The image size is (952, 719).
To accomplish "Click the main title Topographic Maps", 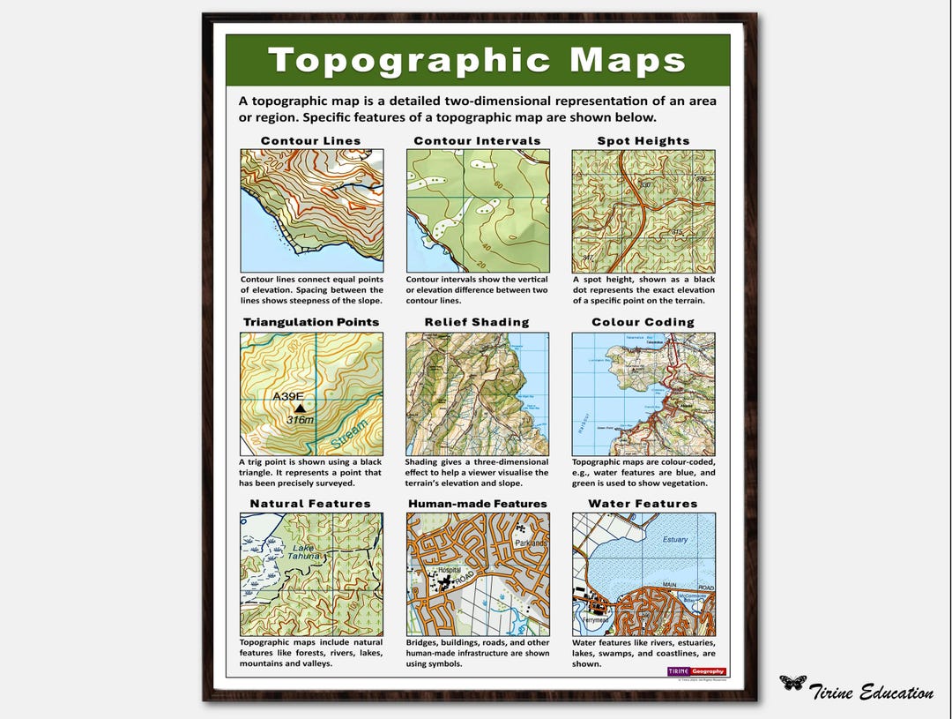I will click(x=477, y=60).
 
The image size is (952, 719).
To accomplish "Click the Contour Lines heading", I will click(x=311, y=141).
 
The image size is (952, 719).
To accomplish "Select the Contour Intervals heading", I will click(x=477, y=141).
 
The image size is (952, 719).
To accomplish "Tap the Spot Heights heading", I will click(x=643, y=141).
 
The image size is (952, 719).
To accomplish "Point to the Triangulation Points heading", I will click(x=311, y=323).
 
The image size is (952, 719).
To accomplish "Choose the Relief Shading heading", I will click(x=477, y=323).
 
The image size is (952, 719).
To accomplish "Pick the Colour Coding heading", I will click(x=643, y=323).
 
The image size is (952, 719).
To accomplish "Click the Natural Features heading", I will click(x=310, y=505).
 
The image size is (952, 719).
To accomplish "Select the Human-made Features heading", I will click(x=477, y=505).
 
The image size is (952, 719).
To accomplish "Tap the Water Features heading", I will click(x=643, y=505).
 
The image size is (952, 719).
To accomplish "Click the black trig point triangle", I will click(x=300, y=408).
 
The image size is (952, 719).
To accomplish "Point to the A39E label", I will click(x=288, y=396).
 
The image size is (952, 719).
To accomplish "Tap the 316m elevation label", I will click(x=300, y=421).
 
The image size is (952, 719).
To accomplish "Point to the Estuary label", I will click(x=674, y=539).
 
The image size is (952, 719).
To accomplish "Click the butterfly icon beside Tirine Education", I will click(x=792, y=683).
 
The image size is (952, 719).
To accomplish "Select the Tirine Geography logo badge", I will click(x=696, y=671).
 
